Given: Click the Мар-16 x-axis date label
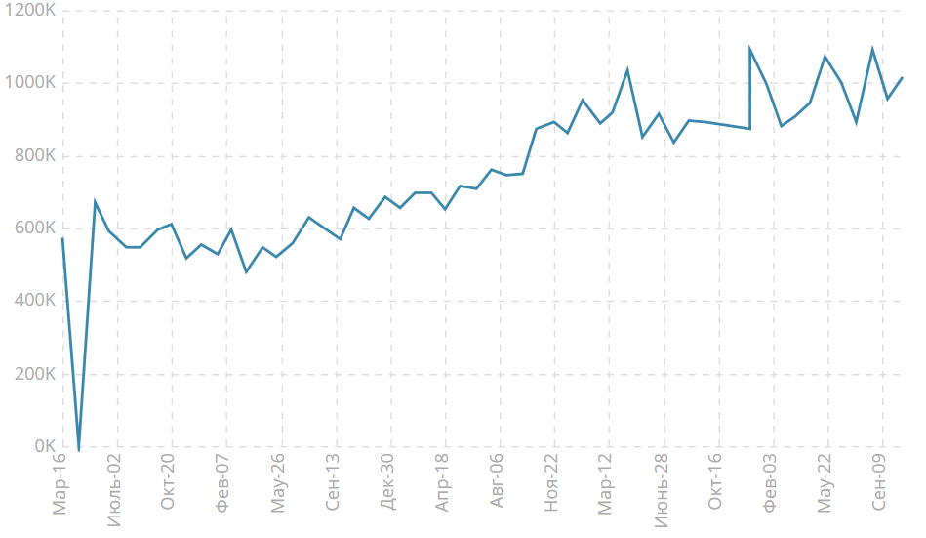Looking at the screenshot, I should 60,483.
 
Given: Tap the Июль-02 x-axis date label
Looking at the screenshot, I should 115,489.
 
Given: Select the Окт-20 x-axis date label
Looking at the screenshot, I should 170,482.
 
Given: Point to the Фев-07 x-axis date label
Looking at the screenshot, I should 224,483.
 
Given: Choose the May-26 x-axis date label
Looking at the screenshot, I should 279,483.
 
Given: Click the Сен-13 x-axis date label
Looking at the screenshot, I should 334,483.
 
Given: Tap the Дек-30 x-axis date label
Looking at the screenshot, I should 388,483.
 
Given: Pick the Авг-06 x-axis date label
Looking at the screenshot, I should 498,483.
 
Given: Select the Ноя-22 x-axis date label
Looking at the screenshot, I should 552,483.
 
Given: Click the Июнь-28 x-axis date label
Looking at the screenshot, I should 662,489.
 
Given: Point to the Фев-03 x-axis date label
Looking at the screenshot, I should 771,483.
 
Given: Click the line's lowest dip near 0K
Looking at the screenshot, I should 79,449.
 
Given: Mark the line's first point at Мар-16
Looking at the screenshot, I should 62,237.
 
